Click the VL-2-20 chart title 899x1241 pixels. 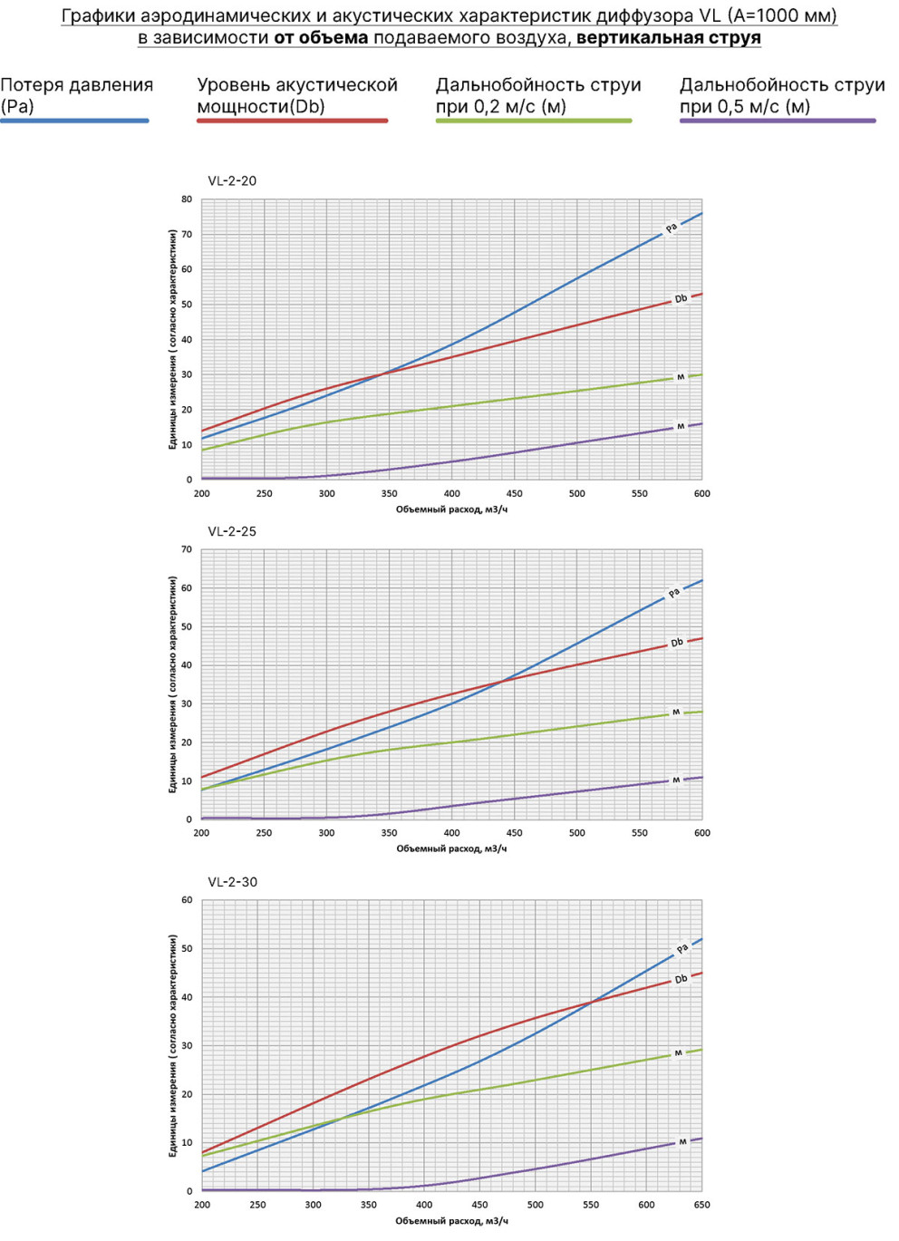(x=232, y=181)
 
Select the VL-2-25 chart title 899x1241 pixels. (x=232, y=532)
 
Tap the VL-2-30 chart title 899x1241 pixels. (x=233, y=882)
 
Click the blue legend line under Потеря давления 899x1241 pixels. (x=75, y=121)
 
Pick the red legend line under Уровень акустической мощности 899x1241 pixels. (x=293, y=121)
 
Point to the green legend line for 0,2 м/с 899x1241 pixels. (x=534, y=121)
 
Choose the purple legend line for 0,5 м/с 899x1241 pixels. (x=778, y=121)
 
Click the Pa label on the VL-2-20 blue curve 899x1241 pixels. (x=672, y=228)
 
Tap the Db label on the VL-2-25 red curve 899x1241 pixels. (x=677, y=643)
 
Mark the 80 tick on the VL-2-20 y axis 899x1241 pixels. (x=187, y=199)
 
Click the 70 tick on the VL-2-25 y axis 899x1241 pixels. (x=187, y=549)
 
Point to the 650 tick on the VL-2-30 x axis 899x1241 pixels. (x=701, y=1205)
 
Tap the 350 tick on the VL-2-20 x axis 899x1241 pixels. (x=389, y=494)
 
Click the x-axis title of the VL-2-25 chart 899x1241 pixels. (x=451, y=848)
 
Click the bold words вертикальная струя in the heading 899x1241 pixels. (x=669, y=38)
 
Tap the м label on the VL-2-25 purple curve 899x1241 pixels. (x=676, y=780)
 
